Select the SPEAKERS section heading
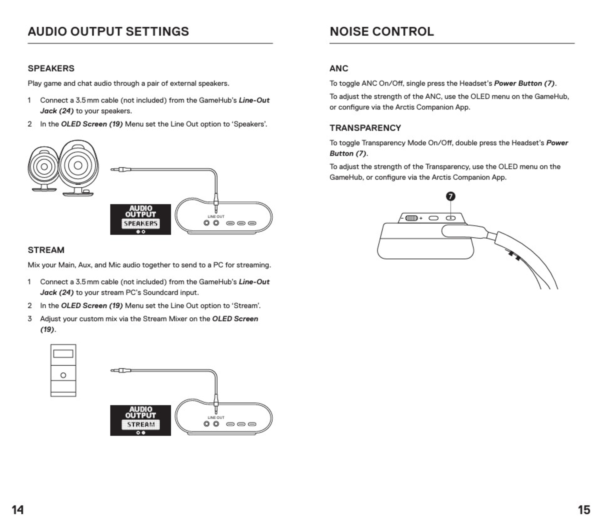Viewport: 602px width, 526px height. pos(51,68)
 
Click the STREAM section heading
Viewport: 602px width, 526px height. pos(46,250)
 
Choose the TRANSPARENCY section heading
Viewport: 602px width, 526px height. pos(365,128)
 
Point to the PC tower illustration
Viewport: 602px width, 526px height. pos(63,370)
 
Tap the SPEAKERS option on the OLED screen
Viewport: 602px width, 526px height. pos(141,224)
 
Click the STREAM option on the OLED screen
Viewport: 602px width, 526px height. pos(141,424)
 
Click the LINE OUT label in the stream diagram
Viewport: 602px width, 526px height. pos(216,417)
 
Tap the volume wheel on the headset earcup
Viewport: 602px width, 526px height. pos(411,218)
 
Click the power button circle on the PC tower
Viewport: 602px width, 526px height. pos(63,375)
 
